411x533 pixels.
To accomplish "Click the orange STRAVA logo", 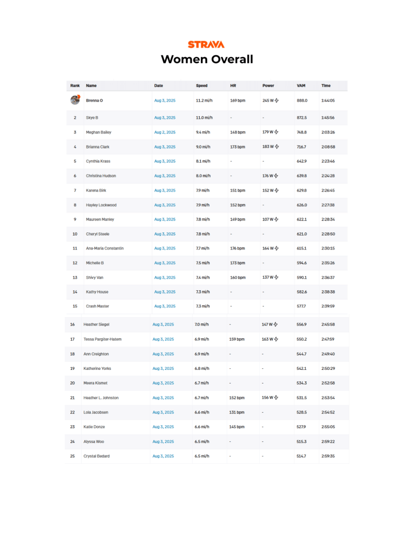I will (x=206, y=44).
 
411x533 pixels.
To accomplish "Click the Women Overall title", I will (x=207, y=59).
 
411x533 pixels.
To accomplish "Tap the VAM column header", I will (x=301, y=85).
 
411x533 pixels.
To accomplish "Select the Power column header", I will (x=268, y=85).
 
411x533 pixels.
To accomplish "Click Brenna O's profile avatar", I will (x=75, y=100).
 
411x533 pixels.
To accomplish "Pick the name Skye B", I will (x=92, y=118).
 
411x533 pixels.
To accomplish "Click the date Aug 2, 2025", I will (x=165, y=132).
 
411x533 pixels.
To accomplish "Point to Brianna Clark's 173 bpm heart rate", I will (x=237, y=147).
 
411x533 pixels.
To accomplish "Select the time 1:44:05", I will (x=328, y=100).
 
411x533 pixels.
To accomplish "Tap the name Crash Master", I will (x=97, y=306).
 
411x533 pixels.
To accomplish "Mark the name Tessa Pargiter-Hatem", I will (x=102, y=339).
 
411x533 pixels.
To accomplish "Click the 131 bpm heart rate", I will (x=237, y=412).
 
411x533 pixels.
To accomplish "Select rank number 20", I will (x=72, y=383).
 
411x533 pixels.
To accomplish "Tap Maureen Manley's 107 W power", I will (x=268, y=219).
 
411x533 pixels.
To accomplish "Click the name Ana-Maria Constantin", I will (x=105, y=249).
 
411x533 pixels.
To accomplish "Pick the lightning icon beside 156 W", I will (x=276, y=398).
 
